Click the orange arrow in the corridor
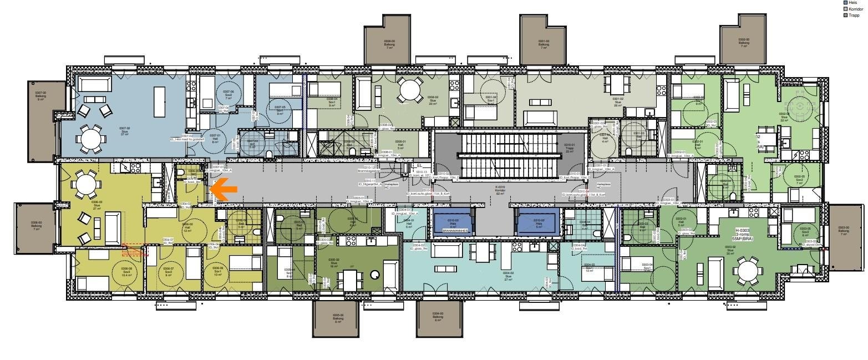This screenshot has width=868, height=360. pyautogui.click(x=224, y=189)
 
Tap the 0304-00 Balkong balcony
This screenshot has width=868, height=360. pyautogui.click(x=438, y=318)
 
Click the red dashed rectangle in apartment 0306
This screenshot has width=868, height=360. pyautogui.click(x=135, y=250)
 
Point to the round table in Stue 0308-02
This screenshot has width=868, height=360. pyautogui.click(x=409, y=90)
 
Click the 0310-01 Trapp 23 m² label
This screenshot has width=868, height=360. pyautogui.click(x=570, y=148)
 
